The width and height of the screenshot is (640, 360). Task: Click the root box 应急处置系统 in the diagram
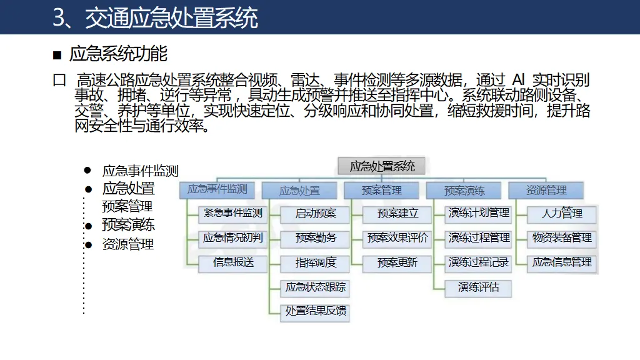pyautogui.click(x=381, y=166)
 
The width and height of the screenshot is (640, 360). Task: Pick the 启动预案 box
pyautogui.click(x=315, y=213)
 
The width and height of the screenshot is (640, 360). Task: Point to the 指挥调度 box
pyautogui.click(x=315, y=262)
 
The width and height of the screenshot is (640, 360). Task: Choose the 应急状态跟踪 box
pyautogui.click(x=315, y=287)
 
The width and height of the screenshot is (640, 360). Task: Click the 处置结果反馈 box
pyautogui.click(x=315, y=311)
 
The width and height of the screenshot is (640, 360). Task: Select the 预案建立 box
pyautogui.click(x=397, y=213)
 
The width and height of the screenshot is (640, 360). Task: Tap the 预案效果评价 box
pyautogui.click(x=397, y=238)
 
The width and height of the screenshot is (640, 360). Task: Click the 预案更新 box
pyautogui.click(x=397, y=262)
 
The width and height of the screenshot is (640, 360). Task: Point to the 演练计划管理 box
pyautogui.click(x=479, y=213)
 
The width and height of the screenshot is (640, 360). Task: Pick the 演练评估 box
pyautogui.click(x=479, y=287)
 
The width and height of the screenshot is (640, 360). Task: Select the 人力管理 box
pyautogui.click(x=562, y=213)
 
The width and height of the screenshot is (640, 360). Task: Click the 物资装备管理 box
pyautogui.click(x=562, y=238)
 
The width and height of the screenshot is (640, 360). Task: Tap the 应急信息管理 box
pyautogui.click(x=562, y=262)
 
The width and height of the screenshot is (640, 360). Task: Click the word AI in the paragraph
pyautogui.click(x=518, y=80)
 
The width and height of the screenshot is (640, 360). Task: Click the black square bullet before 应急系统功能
pyautogui.click(x=57, y=56)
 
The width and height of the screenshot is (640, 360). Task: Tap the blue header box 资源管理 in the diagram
pyautogui.click(x=546, y=190)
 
